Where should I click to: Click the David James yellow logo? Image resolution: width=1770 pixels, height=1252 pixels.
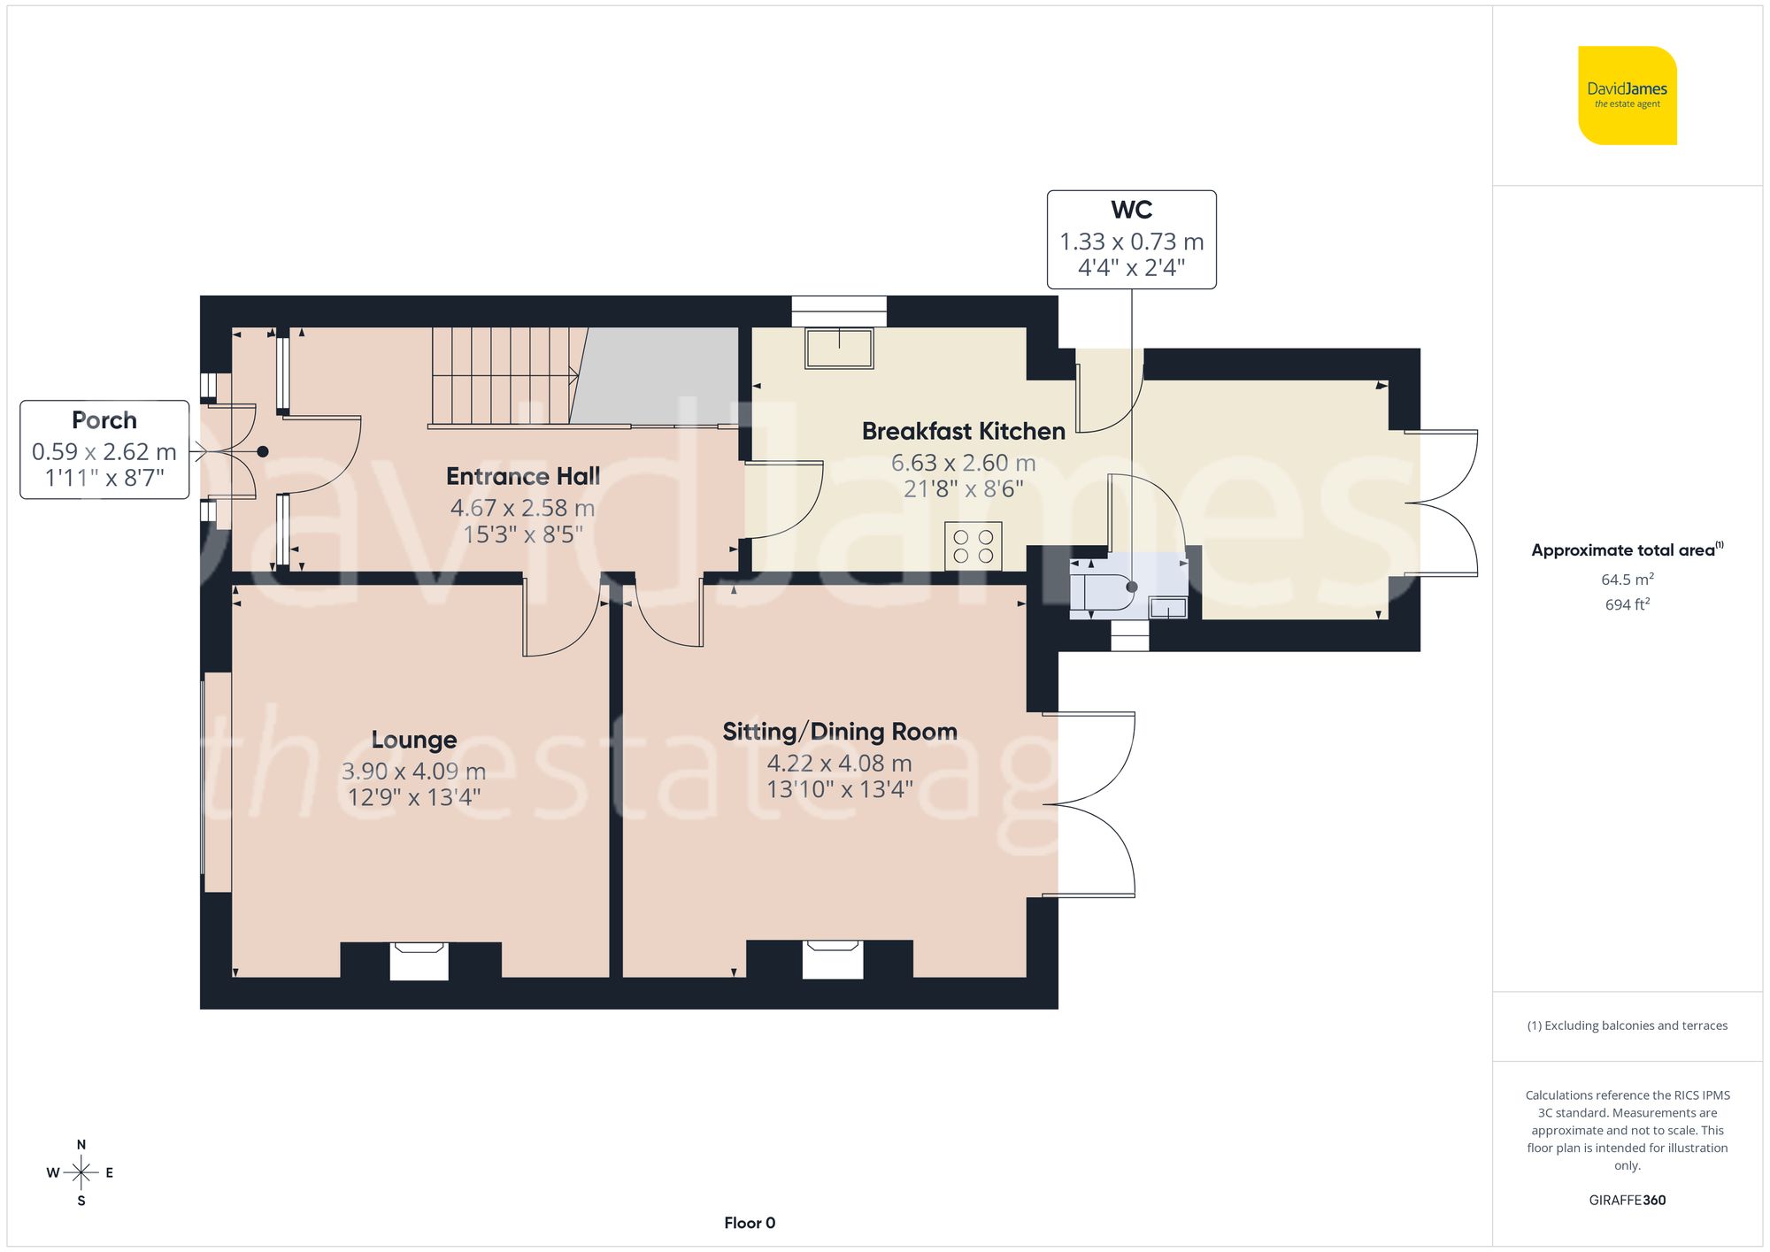pos(1627,96)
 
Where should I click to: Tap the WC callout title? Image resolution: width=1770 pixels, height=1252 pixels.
pos(1131,210)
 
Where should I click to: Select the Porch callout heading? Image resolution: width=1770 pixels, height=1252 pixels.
pos(104,419)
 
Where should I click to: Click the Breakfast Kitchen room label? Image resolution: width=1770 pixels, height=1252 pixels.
pos(963,431)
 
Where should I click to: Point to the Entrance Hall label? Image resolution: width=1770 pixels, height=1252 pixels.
pos(522,476)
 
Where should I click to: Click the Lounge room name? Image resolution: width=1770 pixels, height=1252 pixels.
pos(413,739)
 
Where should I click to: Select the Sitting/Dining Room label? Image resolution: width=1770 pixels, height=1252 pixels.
pos(839,731)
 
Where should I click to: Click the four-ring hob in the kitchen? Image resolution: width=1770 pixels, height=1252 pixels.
pos(973,546)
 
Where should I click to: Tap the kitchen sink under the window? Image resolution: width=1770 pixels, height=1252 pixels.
pos(838,347)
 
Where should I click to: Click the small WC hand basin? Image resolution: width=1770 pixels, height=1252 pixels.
pos(1167,607)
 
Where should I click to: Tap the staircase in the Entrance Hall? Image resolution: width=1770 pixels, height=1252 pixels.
pos(503,376)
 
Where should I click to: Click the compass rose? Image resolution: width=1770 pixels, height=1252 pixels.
pos(81,1172)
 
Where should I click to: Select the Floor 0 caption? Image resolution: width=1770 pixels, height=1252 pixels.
pos(749,1223)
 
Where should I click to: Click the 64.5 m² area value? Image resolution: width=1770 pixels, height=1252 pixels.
pos(1627,580)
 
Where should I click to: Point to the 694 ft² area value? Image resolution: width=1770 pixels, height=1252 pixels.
pos(1627,604)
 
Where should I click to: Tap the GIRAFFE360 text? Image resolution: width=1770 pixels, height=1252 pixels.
pos(1627,1200)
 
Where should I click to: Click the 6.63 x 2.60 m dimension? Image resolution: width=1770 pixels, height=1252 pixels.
pos(963,463)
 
